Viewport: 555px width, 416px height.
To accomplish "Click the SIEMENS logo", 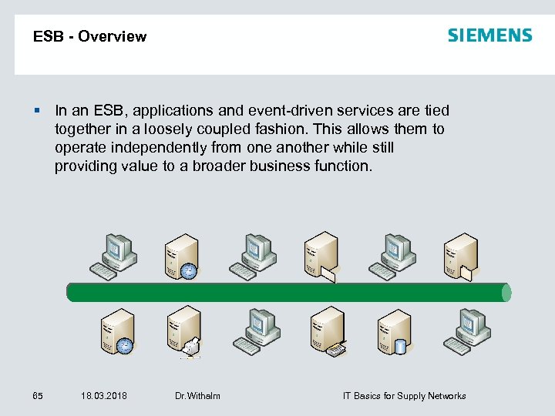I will [x=489, y=35].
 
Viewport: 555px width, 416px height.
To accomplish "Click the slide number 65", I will [x=38, y=396].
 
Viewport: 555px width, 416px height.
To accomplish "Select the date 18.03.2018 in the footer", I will [x=104, y=396].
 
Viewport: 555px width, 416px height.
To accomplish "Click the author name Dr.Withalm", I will [x=197, y=396].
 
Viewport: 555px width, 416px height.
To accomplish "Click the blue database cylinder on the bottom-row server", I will [x=401, y=346].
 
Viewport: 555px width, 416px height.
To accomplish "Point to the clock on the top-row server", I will [x=189, y=270].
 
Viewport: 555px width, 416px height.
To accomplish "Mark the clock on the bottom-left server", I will [x=124, y=346].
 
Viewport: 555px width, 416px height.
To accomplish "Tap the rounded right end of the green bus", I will [x=506, y=292].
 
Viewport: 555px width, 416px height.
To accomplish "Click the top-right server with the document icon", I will [x=459, y=254].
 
